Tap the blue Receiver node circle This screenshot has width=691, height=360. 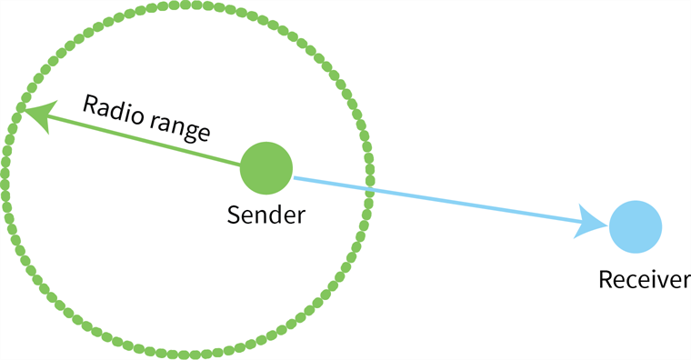[635, 225]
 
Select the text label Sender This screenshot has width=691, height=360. [265, 215]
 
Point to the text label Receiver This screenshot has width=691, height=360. [644, 279]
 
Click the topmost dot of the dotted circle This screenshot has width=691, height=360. [186, 4]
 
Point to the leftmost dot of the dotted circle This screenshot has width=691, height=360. [5, 180]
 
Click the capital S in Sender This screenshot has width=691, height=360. [233, 215]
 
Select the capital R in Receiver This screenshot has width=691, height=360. [605, 279]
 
